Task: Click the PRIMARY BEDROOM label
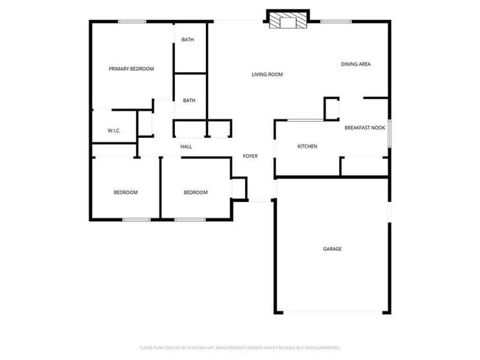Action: pyautogui.click(x=131, y=69)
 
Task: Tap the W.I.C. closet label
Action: pyautogui.click(x=114, y=131)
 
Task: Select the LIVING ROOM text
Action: pyautogui.click(x=267, y=75)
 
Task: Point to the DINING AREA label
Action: pyautogui.click(x=355, y=64)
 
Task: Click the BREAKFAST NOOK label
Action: pyautogui.click(x=365, y=128)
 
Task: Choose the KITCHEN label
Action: pyautogui.click(x=307, y=146)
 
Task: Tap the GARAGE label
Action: pyautogui.click(x=332, y=249)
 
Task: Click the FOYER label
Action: pyautogui.click(x=250, y=156)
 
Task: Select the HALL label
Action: pyautogui.click(x=186, y=147)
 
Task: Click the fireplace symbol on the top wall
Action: pyautogui.click(x=287, y=22)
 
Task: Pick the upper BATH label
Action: pyautogui.click(x=188, y=39)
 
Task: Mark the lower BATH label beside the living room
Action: pyautogui.click(x=189, y=100)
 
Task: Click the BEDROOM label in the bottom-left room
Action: pyautogui.click(x=126, y=193)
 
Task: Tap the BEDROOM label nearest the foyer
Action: pyautogui.click(x=196, y=193)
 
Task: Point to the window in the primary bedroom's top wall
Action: pyautogui.click(x=131, y=21)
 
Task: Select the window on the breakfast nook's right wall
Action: pyautogui.click(x=389, y=133)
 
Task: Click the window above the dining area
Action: pyautogui.click(x=336, y=21)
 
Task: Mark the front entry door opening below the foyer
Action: pyautogui.click(x=261, y=199)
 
